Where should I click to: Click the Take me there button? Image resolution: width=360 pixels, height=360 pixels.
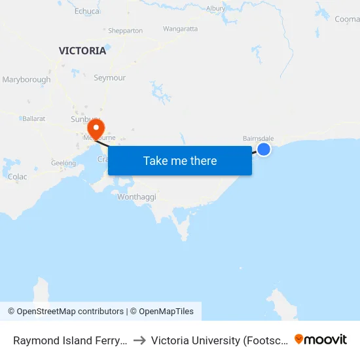(180, 160)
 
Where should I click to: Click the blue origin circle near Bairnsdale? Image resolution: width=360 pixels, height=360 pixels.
(264, 150)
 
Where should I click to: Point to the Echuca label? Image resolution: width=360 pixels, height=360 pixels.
(87, 11)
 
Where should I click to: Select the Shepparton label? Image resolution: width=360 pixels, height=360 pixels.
(125, 30)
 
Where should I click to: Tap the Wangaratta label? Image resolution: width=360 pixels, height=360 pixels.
(180, 29)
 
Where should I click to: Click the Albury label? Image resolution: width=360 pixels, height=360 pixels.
(216, 9)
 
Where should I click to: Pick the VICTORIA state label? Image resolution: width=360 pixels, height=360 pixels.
(82, 50)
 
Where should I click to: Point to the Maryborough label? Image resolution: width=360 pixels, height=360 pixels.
(26, 80)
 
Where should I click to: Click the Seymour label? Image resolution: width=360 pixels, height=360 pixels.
(109, 77)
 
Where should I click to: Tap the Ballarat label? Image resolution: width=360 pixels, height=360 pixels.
(33, 118)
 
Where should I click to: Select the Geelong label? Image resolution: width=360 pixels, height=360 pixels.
(63, 163)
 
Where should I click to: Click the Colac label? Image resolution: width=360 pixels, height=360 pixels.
(17, 177)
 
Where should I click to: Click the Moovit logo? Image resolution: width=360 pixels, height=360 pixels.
(321, 339)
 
